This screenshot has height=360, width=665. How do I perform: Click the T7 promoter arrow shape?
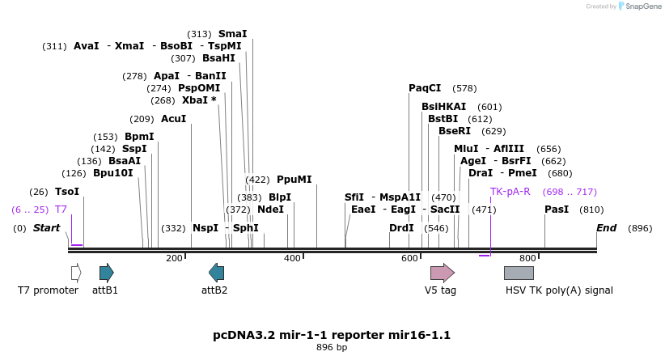point(76,273)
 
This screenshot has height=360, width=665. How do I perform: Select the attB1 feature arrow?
point(106,273)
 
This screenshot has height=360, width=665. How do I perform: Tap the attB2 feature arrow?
point(216,273)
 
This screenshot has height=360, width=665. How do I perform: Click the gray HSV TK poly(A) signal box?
point(519,273)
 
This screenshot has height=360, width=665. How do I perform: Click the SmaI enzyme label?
point(232,34)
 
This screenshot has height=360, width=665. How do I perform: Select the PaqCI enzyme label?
point(425,88)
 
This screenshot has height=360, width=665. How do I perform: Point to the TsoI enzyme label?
point(67,192)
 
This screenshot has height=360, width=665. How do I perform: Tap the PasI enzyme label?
point(557,210)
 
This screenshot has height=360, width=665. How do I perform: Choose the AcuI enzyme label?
point(173,119)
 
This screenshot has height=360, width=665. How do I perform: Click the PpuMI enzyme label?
point(294,180)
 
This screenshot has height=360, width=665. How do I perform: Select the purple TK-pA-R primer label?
point(510,192)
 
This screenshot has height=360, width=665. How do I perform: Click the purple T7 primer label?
point(61,210)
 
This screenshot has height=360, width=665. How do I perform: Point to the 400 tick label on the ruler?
point(292,258)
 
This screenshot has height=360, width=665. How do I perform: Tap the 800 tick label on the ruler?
point(527,258)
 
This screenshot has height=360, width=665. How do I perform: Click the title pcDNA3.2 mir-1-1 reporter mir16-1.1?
point(332,334)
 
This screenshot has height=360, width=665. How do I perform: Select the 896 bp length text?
point(332,348)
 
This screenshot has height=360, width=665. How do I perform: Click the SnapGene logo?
point(638,6)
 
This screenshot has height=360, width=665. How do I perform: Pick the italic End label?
point(606,228)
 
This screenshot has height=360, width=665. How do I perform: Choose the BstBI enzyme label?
point(443,119)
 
